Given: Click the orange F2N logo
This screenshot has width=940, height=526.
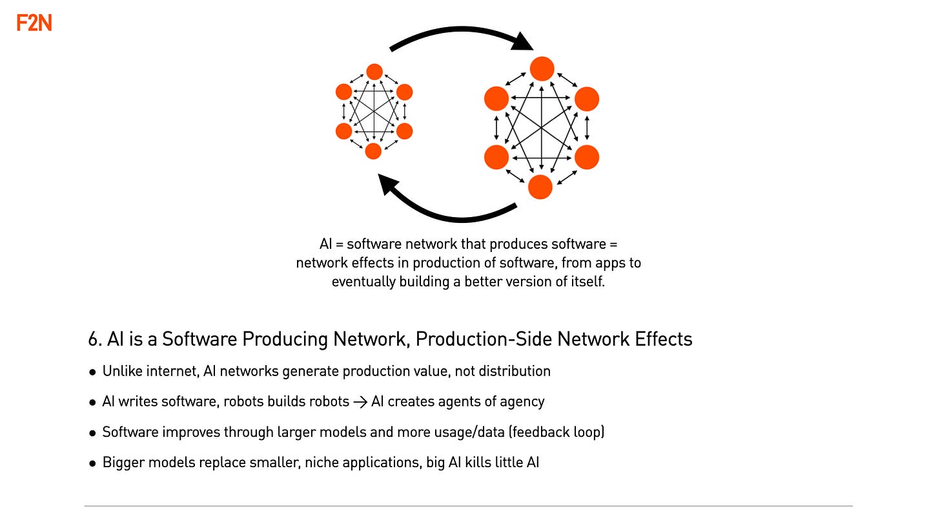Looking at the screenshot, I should coord(34,24).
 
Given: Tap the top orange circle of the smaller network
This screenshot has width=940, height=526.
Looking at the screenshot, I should coord(374,71).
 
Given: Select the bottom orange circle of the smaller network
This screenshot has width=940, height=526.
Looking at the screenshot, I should coord(373,151).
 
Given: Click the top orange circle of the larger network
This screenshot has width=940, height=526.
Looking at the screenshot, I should coord(542,68).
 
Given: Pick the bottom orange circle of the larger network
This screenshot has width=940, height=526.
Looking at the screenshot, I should coord(540,187).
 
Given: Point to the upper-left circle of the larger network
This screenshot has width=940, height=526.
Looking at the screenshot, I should coord(496,99).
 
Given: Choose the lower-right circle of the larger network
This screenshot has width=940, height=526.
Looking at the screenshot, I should coord(587,157).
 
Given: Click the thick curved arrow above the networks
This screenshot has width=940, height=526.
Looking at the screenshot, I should coord(462,34).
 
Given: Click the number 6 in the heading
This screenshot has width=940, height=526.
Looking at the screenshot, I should coord(92,339).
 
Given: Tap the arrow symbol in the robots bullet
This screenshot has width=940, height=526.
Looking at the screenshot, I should coord(360,402).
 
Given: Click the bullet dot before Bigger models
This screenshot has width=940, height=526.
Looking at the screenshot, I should coord(93,463).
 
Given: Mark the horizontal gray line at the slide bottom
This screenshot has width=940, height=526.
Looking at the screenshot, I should coord(468,506).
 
